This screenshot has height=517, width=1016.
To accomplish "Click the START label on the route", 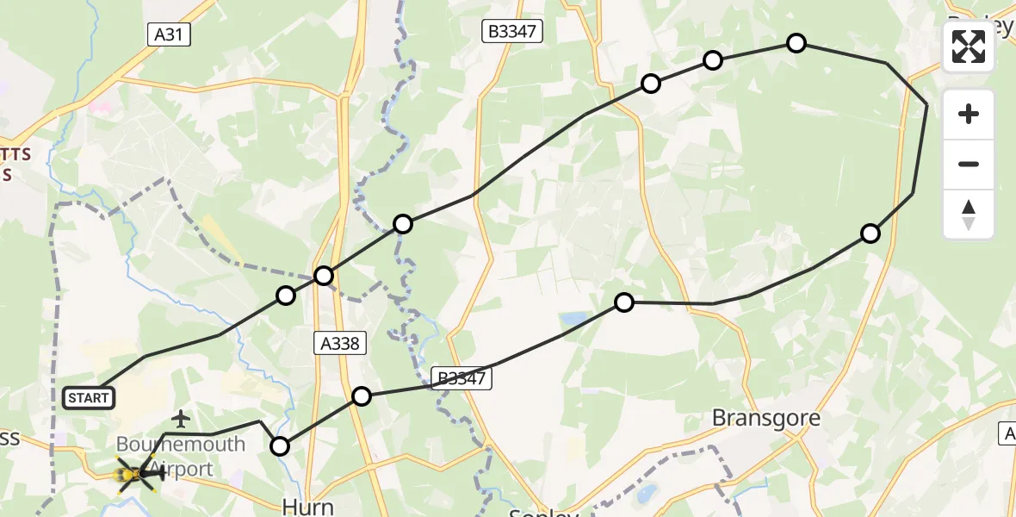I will pyautogui.click(x=88, y=397).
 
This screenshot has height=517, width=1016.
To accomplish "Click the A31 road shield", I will pyautogui.click(x=168, y=34).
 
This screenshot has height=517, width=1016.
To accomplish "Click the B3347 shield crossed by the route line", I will pyautogui.click(x=462, y=377).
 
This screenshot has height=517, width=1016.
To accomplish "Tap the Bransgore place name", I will pyautogui.click(x=765, y=419).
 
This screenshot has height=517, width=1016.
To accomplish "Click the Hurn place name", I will pyautogui.click(x=308, y=506).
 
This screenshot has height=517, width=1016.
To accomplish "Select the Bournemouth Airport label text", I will pyautogui.click(x=181, y=457).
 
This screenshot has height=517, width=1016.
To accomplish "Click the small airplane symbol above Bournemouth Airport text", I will pyautogui.click(x=180, y=420).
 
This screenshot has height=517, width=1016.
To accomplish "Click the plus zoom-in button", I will pyautogui.click(x=969, y=114).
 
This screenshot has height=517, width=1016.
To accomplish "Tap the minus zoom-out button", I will pyautogui.click(x=969, y=164).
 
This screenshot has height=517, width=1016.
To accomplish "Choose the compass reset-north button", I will pyautogui.click(x=969, y=214).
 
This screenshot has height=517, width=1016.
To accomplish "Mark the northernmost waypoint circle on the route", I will pyautogui.click(x=796, y=42).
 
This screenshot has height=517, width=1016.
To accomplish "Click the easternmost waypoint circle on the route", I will pyautogui.click(x=870, y=233).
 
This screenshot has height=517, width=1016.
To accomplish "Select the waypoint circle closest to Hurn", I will pyautogui.click(x=280, y=445).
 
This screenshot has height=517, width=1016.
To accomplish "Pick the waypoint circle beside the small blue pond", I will pyautogui.click(x=624, y=302).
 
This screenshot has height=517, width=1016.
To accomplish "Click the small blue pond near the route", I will pyautogui.click(x=573, y=321).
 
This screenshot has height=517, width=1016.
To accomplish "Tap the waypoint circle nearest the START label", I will pyautogui.click(x=286, y=296).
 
